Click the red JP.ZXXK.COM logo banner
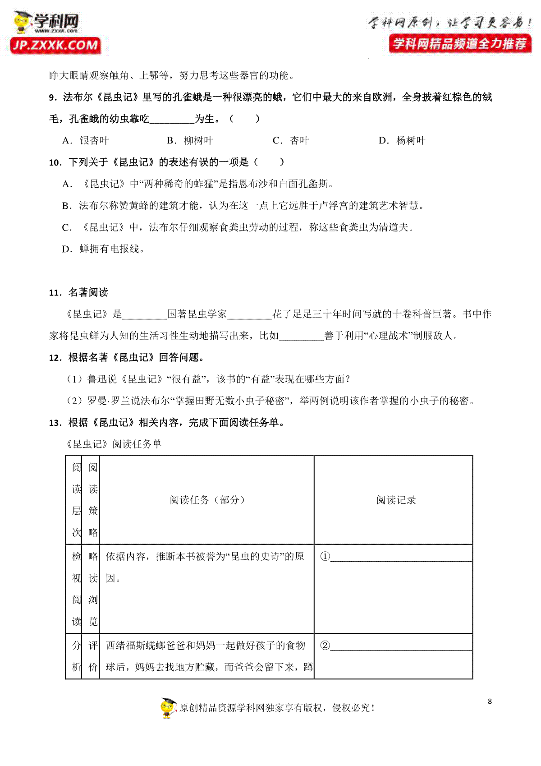pos(55,45)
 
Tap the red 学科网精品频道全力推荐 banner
pos(460,44)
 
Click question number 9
pos(53,97)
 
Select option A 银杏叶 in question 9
pos(86,141)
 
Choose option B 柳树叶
pos(190,141)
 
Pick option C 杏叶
pos(291,141)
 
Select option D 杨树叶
pos(402,141)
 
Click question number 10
pos(55,162)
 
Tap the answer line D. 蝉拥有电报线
pos(103,249)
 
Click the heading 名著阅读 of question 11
pos(88,292)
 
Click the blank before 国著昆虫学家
pos(144,315)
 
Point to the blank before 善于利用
pos(301,337)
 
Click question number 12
pos(55,358)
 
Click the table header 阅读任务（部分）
pos(207,500)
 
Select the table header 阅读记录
pos(396,500)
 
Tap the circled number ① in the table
pos(325,557)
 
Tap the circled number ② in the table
pos(325,646)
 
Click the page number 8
pos(490,701)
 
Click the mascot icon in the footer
pos(168,707)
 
